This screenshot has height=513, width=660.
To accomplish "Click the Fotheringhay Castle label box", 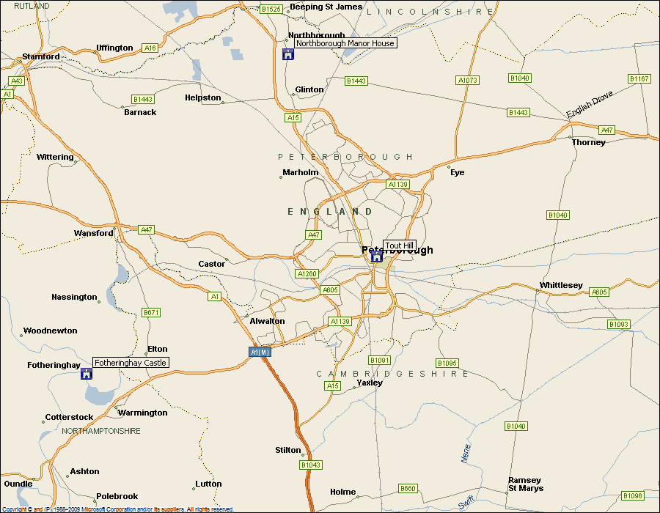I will click(131, 363).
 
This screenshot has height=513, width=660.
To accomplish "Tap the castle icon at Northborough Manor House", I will click(288, 54).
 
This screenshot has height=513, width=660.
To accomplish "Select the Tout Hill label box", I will click(400, 246).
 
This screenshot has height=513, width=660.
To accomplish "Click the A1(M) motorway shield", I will click(260, 353).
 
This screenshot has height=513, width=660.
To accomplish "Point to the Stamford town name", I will click(41, 56).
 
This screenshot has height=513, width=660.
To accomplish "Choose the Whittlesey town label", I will click(561, 285).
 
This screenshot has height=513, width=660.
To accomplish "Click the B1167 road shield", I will click(639, 78).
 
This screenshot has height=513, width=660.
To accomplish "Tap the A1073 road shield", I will click(467, 80).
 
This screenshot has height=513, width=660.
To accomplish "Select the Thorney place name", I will click(589, 142).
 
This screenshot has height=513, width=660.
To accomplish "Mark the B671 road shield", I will click(151, 313).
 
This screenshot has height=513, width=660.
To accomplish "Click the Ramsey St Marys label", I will click(526, 484).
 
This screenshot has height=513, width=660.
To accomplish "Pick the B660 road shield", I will click(408, 489).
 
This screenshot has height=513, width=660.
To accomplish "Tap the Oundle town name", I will click(18, 484).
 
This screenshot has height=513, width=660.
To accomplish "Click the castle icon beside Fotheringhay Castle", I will click(87, 374).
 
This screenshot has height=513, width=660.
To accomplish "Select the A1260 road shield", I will click(307, 273).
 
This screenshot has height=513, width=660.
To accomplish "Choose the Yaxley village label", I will click(370, 383).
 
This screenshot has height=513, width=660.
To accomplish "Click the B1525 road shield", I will click(271, 9).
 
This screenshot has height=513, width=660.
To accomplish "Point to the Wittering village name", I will click(56, 157).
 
